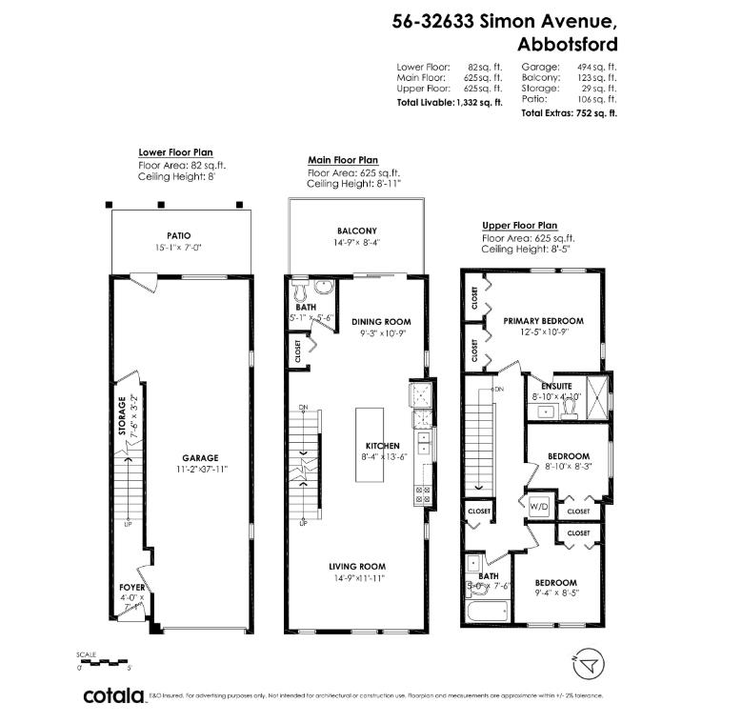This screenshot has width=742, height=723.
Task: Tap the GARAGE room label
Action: tap(201, 457)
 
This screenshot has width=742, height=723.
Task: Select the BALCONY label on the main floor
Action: tap(356, 231)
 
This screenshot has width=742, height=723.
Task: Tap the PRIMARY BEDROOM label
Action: tap(543, 321)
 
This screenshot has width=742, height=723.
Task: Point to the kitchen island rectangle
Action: tap(369, 445)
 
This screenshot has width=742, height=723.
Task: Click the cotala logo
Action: tap(113, 695)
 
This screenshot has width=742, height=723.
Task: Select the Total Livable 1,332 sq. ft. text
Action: tap(450, 101)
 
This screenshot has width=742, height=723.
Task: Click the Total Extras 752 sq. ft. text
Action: tap(569, 112)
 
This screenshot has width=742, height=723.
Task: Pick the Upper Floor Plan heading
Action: tap(519, 226)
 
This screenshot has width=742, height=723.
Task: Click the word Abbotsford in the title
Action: tap(567, 44)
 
